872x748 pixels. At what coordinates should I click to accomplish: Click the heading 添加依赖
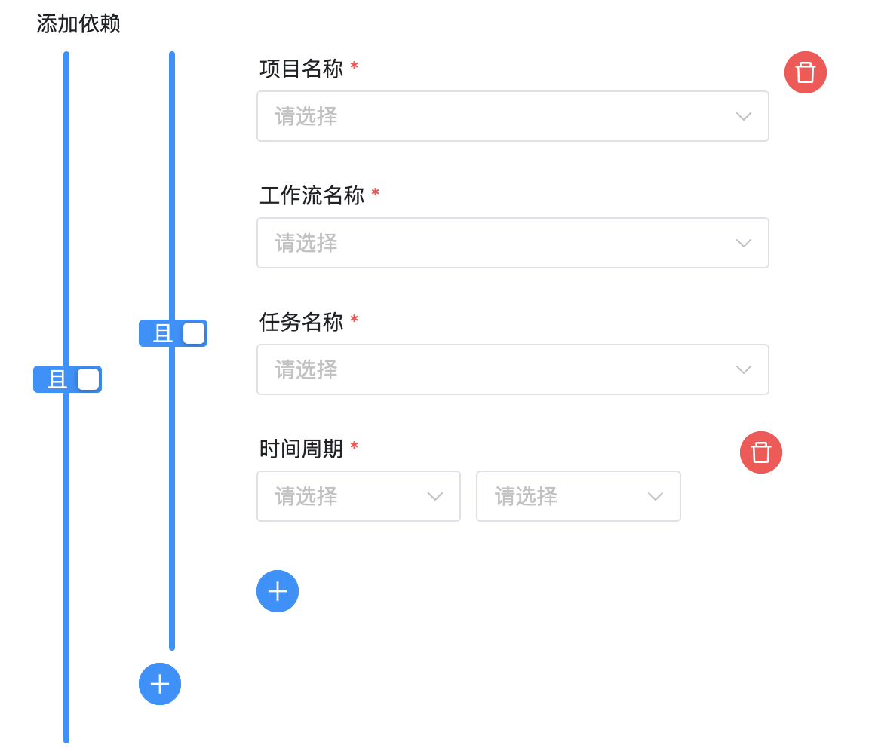tap(78, 24)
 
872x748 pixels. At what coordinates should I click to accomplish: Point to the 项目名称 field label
tap(301, 69)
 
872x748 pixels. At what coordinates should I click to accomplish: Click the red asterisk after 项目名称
tap(355, 67)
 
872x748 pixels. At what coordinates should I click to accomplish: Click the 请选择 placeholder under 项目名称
tap(306, 116)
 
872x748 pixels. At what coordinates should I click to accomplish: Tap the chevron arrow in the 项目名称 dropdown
tap(743, 116)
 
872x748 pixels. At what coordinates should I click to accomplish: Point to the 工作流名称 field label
tap(312, 195)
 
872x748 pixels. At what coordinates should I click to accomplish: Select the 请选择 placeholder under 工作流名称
tap(306, 243)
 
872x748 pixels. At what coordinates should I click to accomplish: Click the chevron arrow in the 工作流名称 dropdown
tap(743, 243)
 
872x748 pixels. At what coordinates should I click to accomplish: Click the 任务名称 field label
tap(301, 322)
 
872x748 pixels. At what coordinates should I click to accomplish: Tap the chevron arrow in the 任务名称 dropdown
tap(743, 369)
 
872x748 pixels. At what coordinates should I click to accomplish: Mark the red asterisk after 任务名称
tap(355, 320)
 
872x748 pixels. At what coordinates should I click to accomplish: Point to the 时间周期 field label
tap(301, 449)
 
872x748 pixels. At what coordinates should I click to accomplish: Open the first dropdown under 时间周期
tap(358, 496)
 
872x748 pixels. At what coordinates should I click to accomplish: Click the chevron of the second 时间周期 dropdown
tap(655, 496)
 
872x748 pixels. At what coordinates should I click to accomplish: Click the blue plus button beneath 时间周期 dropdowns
tap(278, 591)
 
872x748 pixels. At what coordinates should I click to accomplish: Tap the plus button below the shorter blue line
tap(160, 684)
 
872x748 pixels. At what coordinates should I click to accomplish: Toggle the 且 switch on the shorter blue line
tap(173, 333)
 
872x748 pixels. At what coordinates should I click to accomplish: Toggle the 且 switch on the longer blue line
tap(68, 379)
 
